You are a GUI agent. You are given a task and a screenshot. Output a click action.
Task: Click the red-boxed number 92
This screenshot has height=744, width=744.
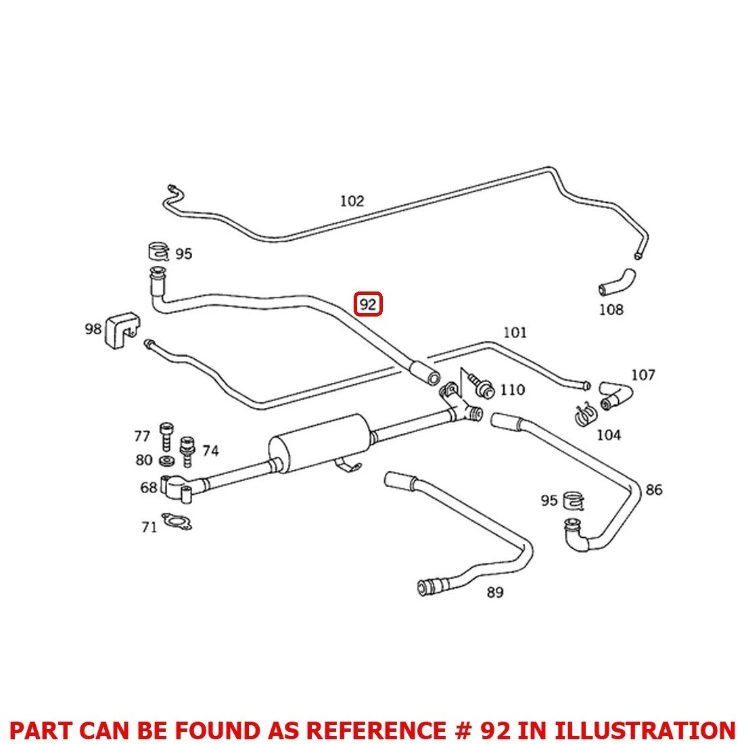click(368, 304)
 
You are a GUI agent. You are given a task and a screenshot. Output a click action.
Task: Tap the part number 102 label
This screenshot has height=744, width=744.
click(352, 201)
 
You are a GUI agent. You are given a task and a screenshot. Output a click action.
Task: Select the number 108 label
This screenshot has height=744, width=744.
click(611, 310)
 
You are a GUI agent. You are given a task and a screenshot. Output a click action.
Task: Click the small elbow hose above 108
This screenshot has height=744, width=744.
click(617, 281)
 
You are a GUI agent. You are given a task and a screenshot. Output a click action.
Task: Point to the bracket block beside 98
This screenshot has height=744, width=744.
click(122, 330)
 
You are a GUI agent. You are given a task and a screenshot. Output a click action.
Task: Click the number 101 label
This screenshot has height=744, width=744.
click(515, 332)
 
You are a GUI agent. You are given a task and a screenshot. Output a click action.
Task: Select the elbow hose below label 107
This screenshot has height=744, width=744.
click(616, 396)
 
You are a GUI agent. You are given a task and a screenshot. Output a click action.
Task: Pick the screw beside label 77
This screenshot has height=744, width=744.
click(166, 436)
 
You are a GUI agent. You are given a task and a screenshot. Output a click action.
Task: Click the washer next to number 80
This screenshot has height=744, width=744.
click(166, 460)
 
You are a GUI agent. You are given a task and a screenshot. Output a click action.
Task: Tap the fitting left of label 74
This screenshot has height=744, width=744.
click(187, 450)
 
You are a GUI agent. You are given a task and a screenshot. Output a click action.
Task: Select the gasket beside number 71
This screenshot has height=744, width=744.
click(177, 521)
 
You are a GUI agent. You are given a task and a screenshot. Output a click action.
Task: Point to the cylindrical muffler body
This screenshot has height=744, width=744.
click(319, 442)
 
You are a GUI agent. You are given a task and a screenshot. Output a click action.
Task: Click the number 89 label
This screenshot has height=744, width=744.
click(495, 592)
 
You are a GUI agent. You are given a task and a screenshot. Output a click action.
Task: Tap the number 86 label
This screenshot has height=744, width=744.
click(653, 490)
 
